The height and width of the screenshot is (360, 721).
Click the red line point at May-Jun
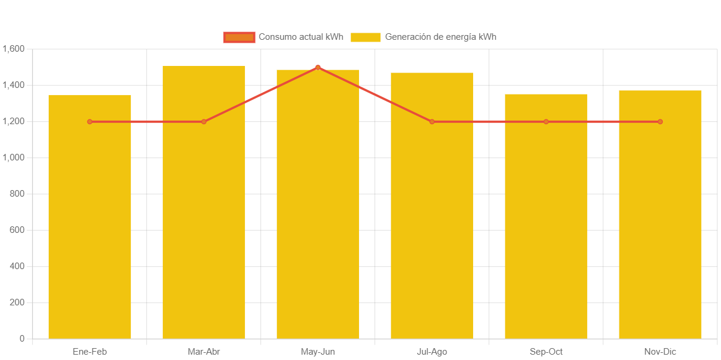click(318, 68)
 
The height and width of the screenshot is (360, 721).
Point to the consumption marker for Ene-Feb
click(90, 122)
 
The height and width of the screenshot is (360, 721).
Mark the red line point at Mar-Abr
click(204, 122)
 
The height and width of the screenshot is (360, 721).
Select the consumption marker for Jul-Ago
click(432, 122)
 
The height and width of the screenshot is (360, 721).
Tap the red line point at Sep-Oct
click(546, 122)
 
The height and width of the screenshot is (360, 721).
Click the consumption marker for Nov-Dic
click(660, 122)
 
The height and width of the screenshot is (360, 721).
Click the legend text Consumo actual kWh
click(301, 37)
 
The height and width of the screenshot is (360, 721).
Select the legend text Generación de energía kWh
click(440, 37)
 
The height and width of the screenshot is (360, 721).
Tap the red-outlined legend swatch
click(239, 37)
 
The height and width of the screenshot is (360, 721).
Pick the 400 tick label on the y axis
click(17, 266)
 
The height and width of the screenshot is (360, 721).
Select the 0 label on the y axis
click(22, 339)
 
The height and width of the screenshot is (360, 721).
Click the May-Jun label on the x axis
click(318, 352)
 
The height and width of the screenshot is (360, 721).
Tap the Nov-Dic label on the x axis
click(660, 352)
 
